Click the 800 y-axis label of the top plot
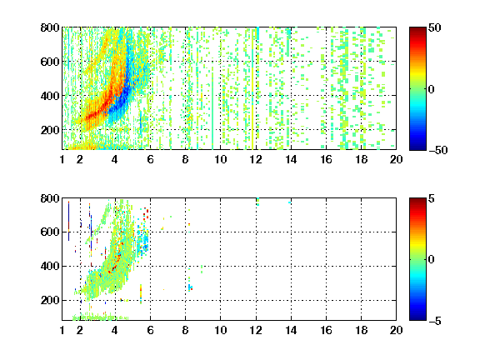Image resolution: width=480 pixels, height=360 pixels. click(x=50, y=27)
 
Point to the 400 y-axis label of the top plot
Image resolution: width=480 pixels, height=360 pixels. click(x=50, y=96)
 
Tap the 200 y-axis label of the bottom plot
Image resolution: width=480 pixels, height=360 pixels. click(x=50, y=300)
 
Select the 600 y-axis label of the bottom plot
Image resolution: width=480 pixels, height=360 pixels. click(x=50, y=232)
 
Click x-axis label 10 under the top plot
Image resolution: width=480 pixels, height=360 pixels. click(x=220, y=159)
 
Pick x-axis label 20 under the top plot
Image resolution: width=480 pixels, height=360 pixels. click(x=396, y=159)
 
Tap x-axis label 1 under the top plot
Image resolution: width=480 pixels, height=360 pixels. click(x=62, y=159)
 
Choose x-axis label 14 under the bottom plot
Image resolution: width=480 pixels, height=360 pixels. click(x=291, y=330)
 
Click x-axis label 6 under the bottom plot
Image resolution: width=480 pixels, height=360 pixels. click(x=150, y=330)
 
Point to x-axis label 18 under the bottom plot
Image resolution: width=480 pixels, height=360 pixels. click(x=361, y=330)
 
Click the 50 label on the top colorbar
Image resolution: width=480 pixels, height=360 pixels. click(x=435, y=27)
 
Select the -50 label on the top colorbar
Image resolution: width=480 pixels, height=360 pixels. click(x=438, y=150)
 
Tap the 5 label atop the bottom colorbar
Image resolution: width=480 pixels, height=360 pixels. click(x=432, y=198)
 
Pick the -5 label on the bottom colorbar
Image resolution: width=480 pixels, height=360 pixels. click(x=435, y=321)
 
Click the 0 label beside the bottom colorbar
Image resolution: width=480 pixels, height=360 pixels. click(x=432, y=260)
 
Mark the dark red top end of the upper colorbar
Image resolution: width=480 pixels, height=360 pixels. click(x=417, y=29)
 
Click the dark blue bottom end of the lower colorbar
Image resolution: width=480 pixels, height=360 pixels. click(x=417, y=318)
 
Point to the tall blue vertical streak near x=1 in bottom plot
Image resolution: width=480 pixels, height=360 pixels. click(x=68, y=220)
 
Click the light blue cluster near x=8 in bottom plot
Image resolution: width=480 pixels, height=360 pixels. click(x=190, y=287)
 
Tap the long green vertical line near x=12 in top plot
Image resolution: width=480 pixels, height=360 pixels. click(x=252, y=89)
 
